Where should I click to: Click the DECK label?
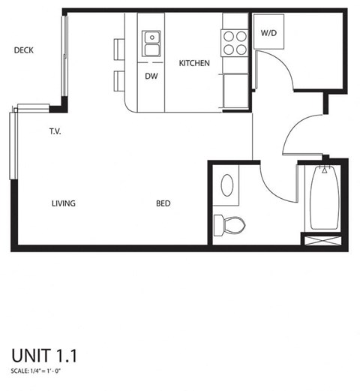24,50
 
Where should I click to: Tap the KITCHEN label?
194,63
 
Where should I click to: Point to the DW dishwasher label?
151,76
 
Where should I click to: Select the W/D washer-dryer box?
268,32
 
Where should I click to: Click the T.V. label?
55,131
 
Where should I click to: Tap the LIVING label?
64,203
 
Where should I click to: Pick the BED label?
163,203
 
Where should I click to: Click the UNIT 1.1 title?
44,356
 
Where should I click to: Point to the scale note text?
36,371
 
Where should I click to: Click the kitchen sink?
151,44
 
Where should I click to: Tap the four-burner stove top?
235,43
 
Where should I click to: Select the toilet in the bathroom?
229,225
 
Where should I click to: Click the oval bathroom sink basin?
227,185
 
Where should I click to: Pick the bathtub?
325,197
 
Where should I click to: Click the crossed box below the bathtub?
322,240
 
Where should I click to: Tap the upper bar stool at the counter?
119,50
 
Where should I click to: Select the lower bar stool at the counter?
119,81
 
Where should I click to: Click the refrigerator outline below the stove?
235,91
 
